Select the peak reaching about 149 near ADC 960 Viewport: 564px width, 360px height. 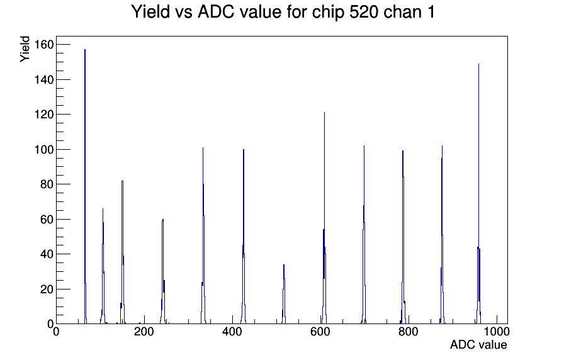479,194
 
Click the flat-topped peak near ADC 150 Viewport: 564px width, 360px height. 123,252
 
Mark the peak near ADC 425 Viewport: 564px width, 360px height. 244,237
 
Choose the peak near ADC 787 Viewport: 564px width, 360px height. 403,237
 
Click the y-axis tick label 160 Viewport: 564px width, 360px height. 44,45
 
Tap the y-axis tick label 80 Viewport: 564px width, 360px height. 47,184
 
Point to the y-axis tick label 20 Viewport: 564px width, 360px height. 47,290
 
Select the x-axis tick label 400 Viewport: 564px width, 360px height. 232,332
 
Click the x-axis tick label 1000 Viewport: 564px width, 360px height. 497,332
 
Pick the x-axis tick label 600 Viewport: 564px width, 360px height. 320,332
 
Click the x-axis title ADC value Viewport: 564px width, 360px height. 478,344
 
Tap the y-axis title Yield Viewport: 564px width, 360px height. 25,49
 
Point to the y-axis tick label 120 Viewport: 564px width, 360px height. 44,115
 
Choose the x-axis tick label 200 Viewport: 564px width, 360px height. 144,332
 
